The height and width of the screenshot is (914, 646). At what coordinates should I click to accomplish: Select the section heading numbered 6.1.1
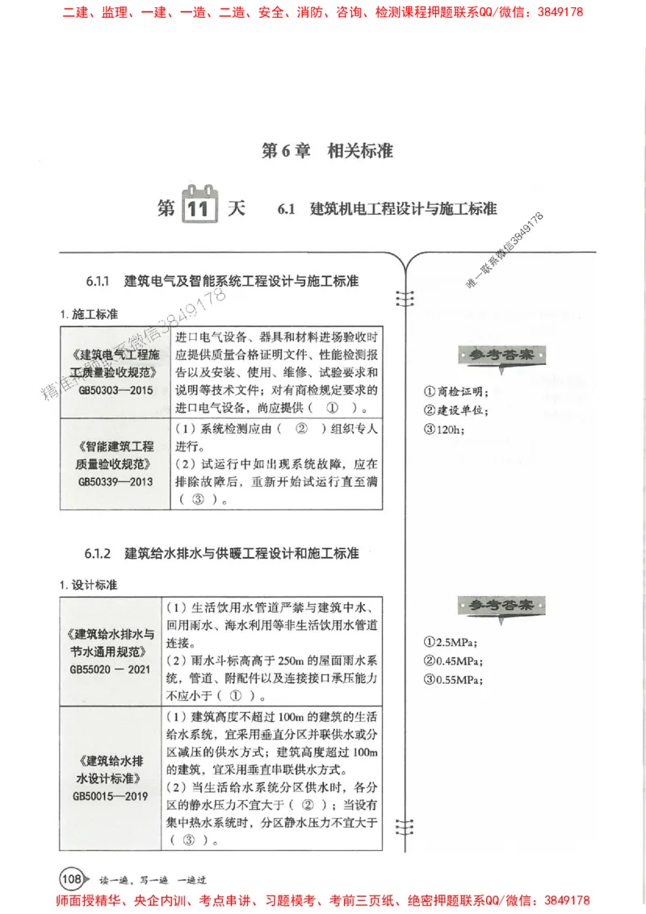(222, 281)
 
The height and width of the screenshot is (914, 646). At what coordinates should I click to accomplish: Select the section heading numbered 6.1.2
(222, 555)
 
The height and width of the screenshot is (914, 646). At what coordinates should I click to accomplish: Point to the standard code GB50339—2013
(115, 481)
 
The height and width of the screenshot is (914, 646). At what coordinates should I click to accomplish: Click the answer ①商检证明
(457, 392)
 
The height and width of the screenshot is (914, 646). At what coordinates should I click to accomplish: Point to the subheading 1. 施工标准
(89, 313)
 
